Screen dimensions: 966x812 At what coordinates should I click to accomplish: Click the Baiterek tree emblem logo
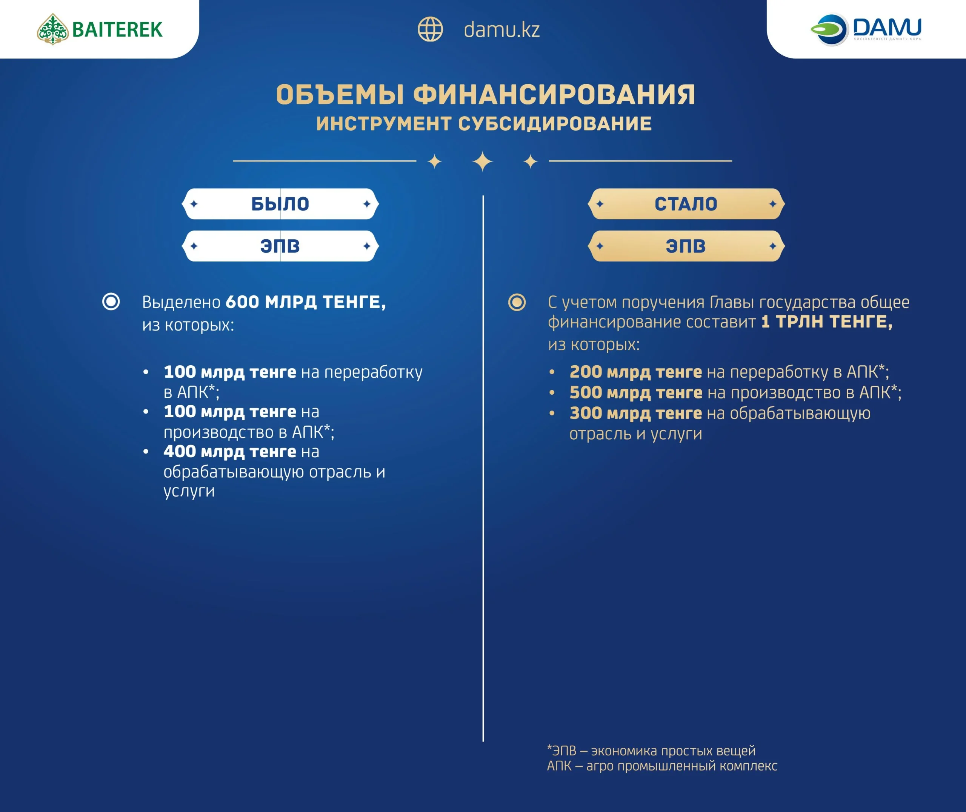pos(53,29)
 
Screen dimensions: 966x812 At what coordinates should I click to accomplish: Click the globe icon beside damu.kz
pos(430,29)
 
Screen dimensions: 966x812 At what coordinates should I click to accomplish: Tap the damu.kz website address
pos(501,30)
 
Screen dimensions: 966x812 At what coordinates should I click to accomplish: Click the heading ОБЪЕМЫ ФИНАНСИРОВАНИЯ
pos(486,95)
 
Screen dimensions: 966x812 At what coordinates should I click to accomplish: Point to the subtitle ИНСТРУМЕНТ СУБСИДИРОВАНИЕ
pos(484,124)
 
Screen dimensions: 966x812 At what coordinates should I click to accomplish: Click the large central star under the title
pos(483,161)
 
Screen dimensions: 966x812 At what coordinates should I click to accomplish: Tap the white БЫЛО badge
pos(280,204)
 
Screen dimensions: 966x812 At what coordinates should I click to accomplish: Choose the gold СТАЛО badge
pos(686,204)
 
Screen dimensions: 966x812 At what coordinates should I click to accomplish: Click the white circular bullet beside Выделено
pos(111,302)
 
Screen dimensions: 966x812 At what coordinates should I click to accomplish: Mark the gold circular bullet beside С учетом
pos(517,303)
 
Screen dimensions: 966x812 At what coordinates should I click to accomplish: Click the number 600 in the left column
pos(242,302)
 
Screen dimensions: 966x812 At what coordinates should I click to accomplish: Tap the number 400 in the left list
pos(180,452)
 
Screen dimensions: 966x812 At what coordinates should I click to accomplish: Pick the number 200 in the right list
pos(586,372)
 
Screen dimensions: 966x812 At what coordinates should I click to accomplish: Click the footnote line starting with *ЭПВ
pos(651,751)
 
